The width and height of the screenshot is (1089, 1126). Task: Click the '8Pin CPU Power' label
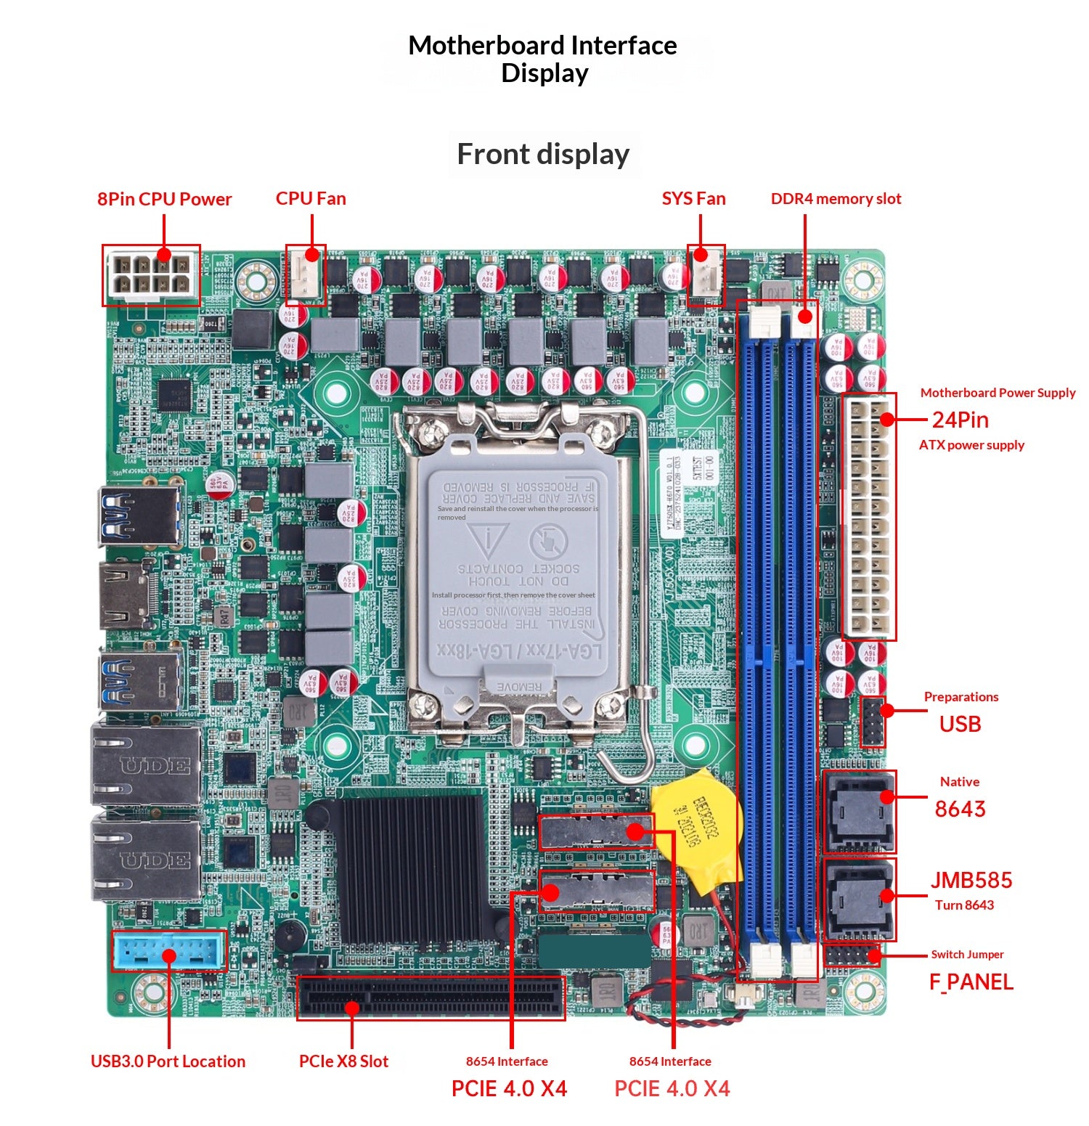pos(164,199)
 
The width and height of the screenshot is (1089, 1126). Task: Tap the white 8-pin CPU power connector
pos(151,276)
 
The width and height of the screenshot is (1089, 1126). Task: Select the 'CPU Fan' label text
pos(311,199)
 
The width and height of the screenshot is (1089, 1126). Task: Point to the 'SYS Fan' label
pos(693,199)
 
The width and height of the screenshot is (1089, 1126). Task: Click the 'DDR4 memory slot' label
pos(836,199)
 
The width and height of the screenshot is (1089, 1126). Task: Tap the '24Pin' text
pos(960,420)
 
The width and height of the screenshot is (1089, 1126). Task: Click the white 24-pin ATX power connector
pos(869,517)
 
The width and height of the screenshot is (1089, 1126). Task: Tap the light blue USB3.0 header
pos(168,951)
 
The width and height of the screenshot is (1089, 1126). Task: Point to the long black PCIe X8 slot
pos(431,998)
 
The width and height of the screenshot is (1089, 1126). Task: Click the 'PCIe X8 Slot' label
pos(343,1061)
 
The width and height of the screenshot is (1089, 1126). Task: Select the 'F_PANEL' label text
pos(971,982)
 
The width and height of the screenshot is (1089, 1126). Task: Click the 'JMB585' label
pos(971,881)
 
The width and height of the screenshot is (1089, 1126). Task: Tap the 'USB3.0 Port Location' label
pos(168,1061)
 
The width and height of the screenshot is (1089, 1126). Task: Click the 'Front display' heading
pos(543,154)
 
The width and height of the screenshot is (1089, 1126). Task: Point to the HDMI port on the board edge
pos(125,595)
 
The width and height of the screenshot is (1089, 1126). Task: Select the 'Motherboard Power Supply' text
pos(998,393)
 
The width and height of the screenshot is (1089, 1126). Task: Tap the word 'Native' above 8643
pos(959,782)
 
